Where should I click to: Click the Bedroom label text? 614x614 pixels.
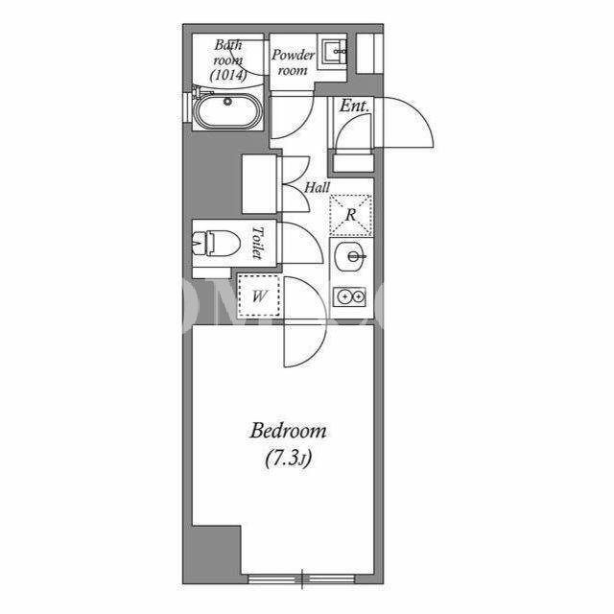[288, 431]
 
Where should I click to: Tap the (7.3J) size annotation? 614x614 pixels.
[288, 459]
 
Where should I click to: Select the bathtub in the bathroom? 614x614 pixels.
[227, 110]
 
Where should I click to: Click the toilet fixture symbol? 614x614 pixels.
[216, 243]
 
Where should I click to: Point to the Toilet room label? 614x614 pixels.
[257, 243]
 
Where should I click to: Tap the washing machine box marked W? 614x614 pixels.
[259, 296]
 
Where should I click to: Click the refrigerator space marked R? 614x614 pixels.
[351, 215]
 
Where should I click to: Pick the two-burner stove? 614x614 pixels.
[349, 297]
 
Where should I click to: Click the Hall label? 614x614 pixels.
[318, 188]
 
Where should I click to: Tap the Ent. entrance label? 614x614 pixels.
[354, 106]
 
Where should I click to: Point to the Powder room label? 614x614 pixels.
[293, 62]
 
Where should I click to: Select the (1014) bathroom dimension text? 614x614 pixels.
[228, 75]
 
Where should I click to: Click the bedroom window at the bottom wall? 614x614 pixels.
[302, 579]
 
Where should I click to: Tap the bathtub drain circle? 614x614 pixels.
[227, 102]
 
